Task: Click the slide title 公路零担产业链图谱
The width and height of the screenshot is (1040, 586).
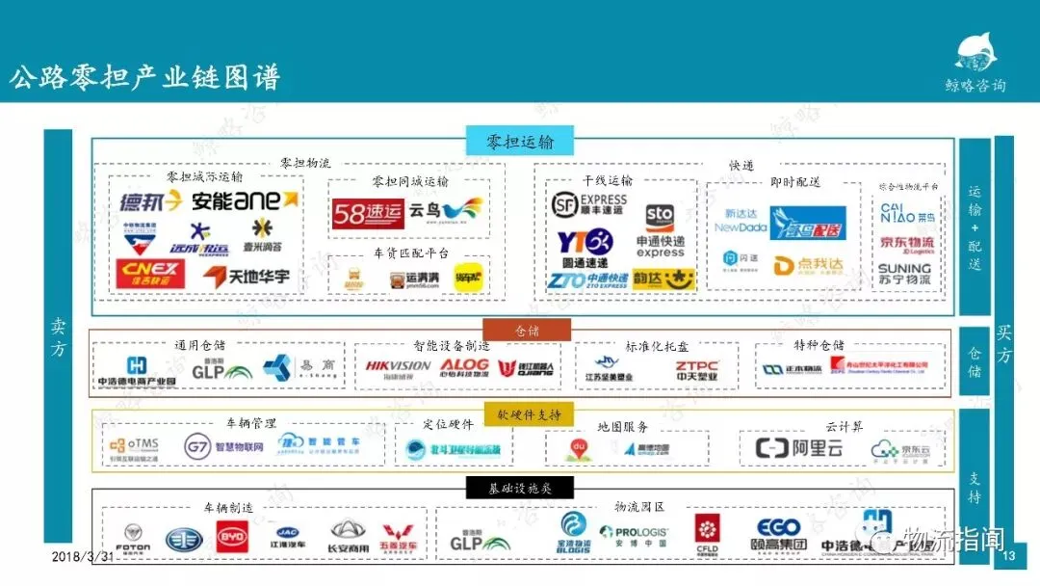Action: pos(144,78)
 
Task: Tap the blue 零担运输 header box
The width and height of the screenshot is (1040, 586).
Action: pos(520,142)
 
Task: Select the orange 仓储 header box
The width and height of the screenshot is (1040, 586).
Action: pos(527,331)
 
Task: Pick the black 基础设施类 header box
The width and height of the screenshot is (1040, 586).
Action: pos(521,489)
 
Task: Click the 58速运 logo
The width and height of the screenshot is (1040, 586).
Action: pos(368,213)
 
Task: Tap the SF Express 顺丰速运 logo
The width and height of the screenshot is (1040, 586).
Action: pos(588,204)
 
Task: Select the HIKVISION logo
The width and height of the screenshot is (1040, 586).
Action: pos(398,367)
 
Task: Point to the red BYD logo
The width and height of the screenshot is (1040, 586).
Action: pos(231,537)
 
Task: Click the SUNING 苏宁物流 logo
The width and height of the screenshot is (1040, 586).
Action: pos(904,273)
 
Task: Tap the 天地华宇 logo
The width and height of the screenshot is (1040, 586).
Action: pos(247,277)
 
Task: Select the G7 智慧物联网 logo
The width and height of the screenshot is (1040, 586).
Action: pos(223,447)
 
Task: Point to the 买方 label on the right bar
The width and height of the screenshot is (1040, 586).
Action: pos(1003,344)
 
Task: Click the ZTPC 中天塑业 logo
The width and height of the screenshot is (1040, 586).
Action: pos(696,369)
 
